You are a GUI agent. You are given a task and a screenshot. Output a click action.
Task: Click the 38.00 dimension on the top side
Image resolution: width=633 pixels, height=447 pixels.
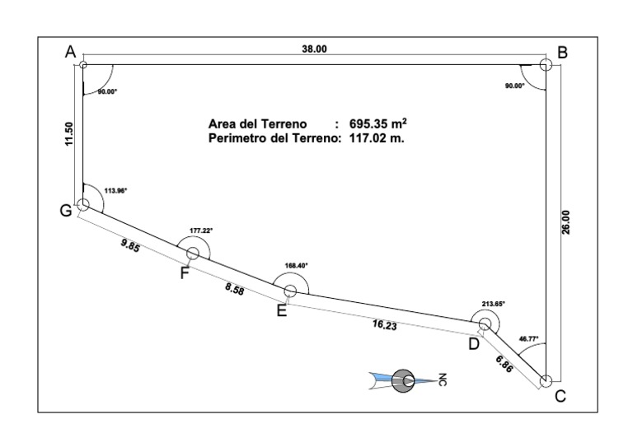pos(314,49)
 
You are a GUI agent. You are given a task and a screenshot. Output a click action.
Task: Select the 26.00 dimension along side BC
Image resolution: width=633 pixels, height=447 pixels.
pos(565,222)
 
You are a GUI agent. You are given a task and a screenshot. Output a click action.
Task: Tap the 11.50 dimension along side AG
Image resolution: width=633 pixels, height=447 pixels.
pos(69,134)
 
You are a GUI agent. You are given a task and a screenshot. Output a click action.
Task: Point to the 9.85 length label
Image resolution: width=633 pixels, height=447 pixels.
pos(130,245)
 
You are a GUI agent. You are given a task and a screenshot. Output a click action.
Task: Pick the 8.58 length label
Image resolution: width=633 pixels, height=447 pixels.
pos(235,289)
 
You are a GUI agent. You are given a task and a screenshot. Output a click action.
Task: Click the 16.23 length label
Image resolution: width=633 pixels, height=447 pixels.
pos(385,324)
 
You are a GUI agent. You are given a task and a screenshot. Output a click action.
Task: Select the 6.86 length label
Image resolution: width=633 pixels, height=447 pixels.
pos(504,364)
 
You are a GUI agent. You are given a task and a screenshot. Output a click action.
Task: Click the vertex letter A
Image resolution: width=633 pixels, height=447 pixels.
pos(70,52)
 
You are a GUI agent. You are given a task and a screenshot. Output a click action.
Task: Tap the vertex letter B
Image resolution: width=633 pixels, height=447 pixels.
pos(562,53)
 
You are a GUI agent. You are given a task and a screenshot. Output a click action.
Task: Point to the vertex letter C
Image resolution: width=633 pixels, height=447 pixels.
pos(560,396)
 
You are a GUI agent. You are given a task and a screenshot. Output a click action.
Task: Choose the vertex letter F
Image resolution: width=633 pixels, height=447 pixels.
pos(185,273)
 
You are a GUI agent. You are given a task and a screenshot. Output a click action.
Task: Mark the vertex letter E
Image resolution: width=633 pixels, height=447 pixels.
pos(282,311)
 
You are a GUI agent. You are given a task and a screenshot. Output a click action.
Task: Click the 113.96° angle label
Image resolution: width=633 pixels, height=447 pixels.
pos(115,191)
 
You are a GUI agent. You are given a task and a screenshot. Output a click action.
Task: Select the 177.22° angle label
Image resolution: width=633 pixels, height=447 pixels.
pos(201,230)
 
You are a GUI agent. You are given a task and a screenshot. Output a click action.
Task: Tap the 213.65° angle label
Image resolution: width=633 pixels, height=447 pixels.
pos(494,304)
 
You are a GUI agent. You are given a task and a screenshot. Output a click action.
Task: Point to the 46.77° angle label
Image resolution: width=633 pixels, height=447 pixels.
pos(528,339)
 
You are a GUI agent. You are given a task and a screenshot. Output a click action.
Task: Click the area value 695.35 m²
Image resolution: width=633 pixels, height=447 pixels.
pos(377,123)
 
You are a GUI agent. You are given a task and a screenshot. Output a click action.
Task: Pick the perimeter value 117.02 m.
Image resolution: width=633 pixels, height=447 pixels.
pos(377,138)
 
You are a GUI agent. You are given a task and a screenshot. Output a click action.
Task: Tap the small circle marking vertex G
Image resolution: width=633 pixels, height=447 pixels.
pos(83,204)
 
